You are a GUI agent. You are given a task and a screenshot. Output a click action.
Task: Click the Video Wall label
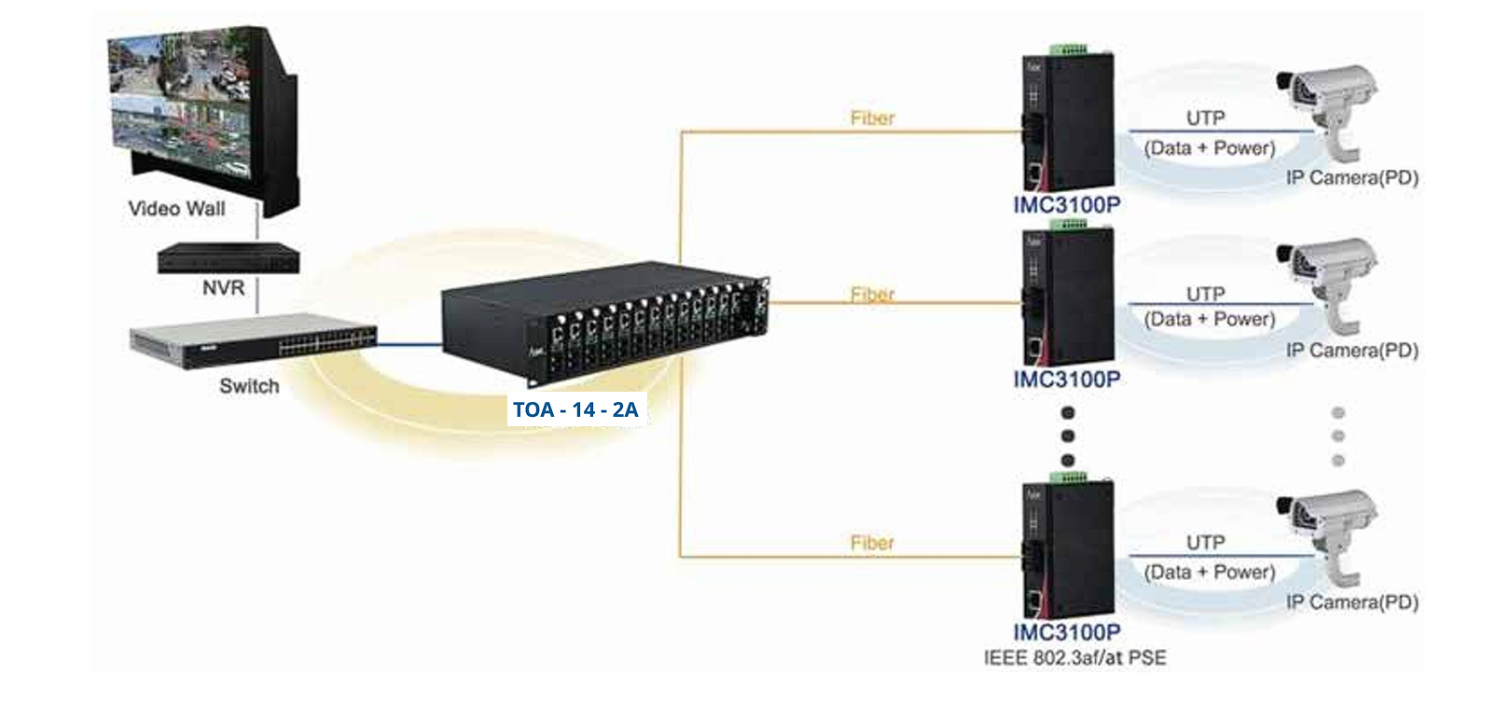176,209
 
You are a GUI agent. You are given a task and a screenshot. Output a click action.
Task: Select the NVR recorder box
228,257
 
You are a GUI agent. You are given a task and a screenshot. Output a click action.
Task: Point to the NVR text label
224,288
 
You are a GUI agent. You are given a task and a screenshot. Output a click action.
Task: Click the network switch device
253,339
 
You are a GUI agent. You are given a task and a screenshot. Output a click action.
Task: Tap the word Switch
249,386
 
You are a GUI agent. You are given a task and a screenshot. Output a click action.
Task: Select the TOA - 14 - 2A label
575,409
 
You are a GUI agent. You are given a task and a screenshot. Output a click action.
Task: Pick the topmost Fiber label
872,118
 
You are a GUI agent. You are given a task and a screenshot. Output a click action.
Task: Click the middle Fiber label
872,295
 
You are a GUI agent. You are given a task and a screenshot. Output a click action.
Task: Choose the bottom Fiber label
872,543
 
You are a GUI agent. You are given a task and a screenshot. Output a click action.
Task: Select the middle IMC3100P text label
1067,380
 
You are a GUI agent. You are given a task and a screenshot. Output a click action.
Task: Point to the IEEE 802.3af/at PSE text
1074,657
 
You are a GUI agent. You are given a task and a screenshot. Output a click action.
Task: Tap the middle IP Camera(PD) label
1351,351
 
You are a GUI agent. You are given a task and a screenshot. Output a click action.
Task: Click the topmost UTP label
1205,118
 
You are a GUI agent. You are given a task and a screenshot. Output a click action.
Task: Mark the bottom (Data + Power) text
1210,572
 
